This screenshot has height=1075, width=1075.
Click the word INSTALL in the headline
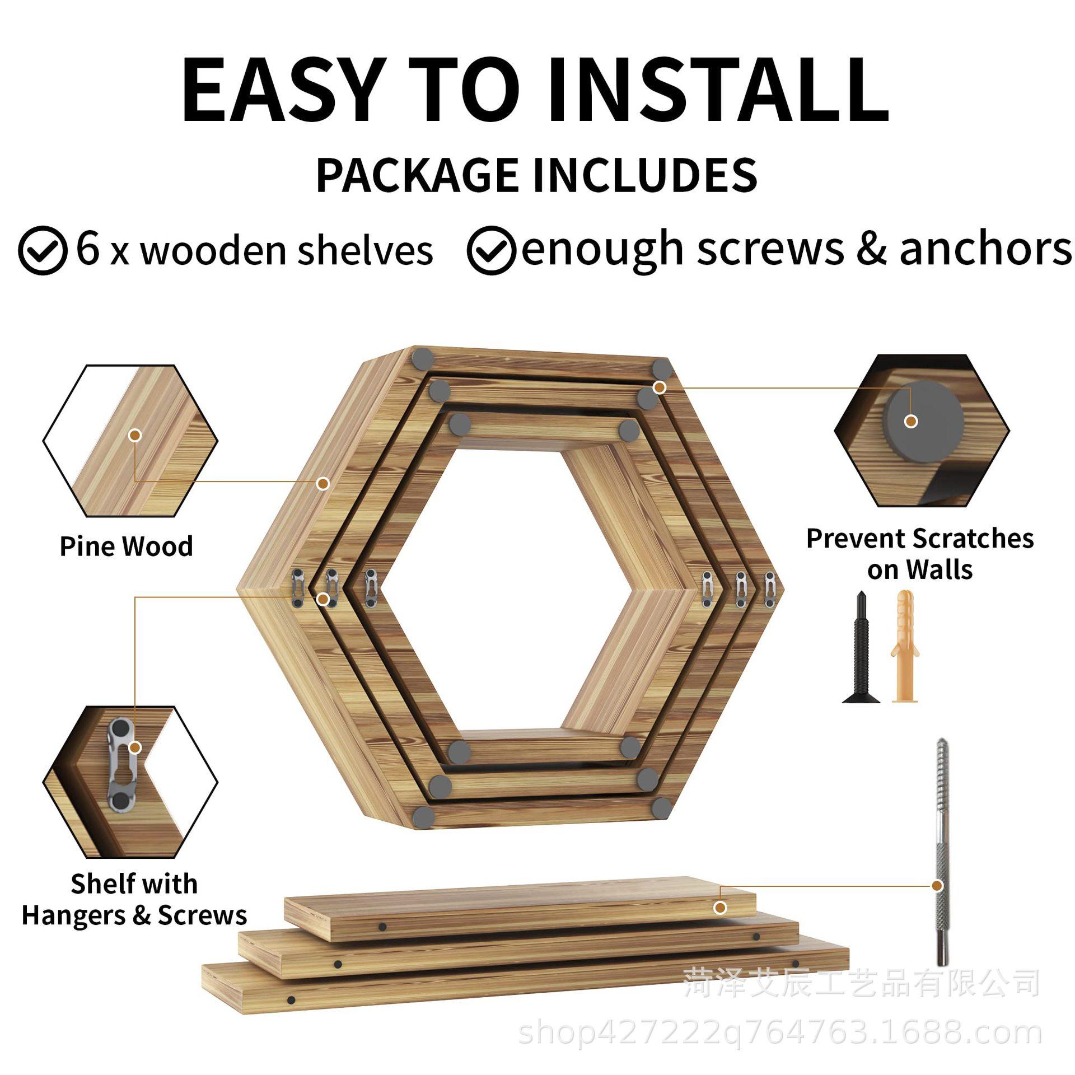(x=717, y=90)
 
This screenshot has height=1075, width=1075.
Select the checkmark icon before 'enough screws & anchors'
(x=491, y=250)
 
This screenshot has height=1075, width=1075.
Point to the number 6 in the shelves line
(x=88, y=247)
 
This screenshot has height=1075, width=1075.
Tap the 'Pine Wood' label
(x=127, y=546)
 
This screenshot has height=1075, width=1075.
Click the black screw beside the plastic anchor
(x=861, y=647)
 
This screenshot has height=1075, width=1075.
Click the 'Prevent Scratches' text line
(x=920, y=539)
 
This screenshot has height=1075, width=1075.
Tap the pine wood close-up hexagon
(x=130, y=441)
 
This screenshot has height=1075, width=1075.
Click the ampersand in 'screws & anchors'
(x=871, y=249)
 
